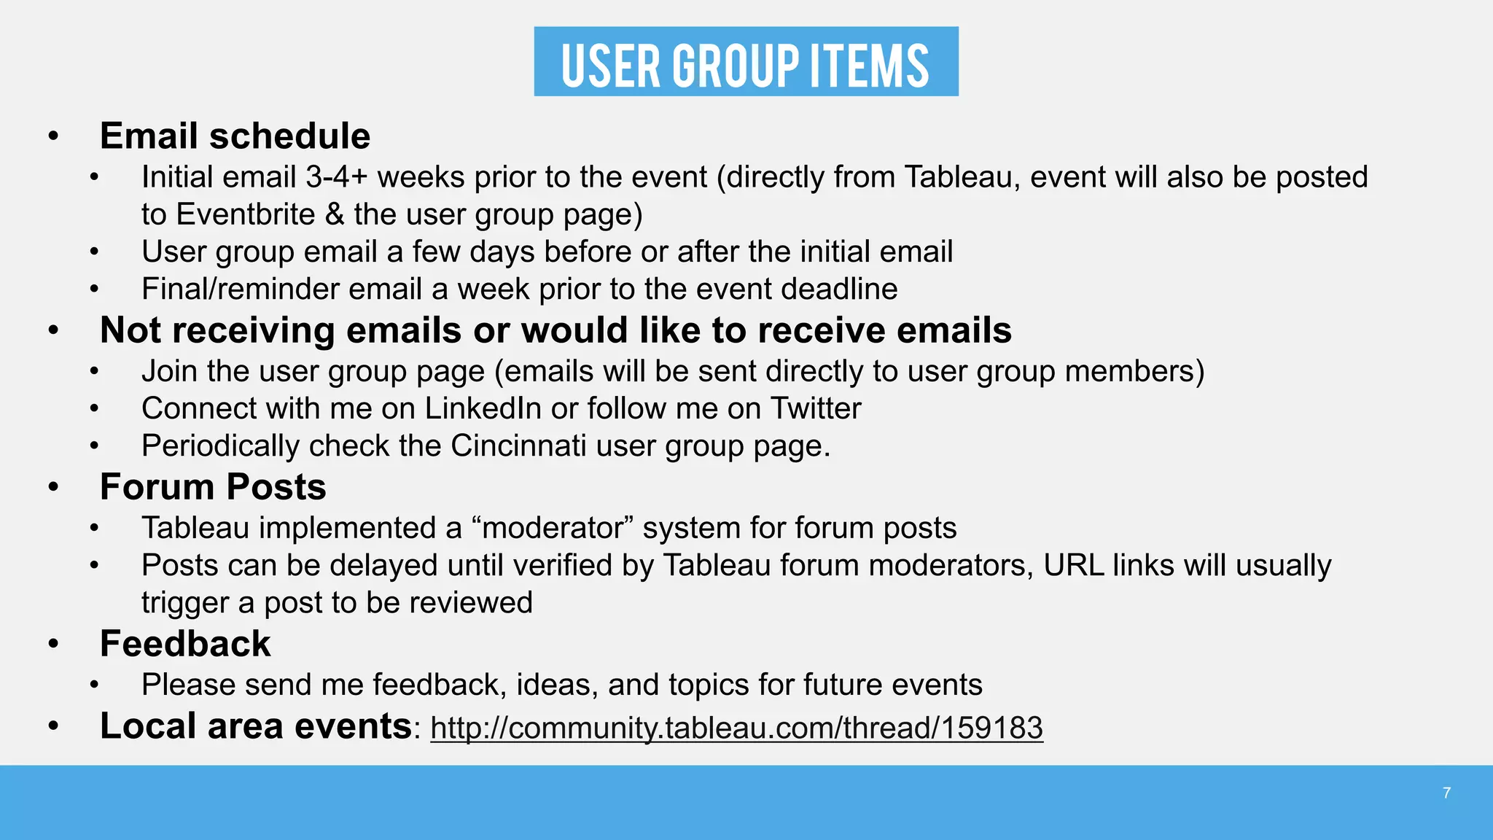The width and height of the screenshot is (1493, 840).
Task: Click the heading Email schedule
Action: [x=235, y=136]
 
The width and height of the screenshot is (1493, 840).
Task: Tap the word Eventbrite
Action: [x=246, y=214]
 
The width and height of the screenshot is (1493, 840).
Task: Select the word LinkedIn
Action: [x=483, y=408]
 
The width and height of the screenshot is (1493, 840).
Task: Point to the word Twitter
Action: [x=816, y=408]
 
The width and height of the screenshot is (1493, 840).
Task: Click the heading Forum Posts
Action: [x=213, y=487]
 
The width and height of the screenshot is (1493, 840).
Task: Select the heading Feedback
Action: [x=185, y=644]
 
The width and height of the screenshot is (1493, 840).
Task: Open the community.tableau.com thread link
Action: [x=736, y=728]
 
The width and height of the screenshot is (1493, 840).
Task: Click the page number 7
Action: [x=1446, y=793]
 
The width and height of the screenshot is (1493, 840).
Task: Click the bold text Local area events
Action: [x=255, y=726]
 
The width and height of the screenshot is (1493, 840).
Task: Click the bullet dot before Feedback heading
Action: [x=53, y=645]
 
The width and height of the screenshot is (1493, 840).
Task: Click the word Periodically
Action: [x=220, y=446]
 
